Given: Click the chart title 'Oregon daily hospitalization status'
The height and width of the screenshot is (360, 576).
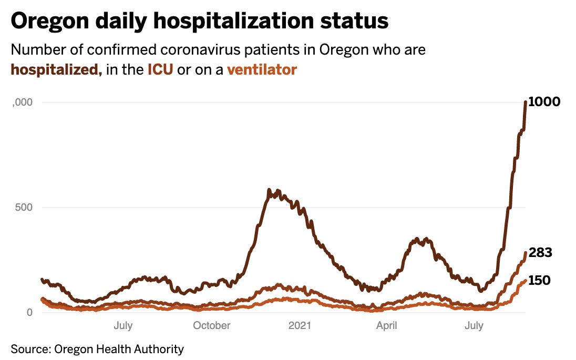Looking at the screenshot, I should coord(200,21).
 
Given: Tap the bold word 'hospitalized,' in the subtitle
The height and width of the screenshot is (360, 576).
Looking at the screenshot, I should coord(56,69).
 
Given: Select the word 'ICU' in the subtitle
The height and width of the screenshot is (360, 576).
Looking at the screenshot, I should coord(160,69).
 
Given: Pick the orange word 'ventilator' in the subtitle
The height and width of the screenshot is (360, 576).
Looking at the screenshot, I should coord(262,69).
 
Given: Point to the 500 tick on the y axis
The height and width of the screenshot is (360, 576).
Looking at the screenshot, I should coord(23,207).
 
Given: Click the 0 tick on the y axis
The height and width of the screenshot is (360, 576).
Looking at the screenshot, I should coord(29,312).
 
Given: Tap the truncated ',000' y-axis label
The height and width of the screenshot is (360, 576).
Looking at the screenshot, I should coord(22,102).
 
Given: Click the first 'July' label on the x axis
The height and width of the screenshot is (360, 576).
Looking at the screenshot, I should coord(123,326).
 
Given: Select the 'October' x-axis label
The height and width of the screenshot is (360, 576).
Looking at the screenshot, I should coord(211,326).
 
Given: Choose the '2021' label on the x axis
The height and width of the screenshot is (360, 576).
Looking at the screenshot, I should coord(299,326).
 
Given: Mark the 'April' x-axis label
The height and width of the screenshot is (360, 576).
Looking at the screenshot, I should coord(387,326).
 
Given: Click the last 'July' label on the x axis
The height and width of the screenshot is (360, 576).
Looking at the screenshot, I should coord(474,326).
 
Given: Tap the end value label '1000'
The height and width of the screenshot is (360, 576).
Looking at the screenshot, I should coord(544,102).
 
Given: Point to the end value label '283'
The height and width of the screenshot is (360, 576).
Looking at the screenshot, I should coord(540,253).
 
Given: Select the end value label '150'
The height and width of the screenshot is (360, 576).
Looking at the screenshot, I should coord(539,281).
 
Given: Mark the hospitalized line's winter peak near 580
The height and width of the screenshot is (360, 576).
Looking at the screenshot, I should coord(269,190).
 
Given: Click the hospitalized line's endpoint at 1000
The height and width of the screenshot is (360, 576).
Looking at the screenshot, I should coord(526,102).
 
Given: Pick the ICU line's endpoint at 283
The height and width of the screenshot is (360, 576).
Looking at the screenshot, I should coord(526,253).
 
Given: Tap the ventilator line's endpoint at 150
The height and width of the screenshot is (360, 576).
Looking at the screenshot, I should coord(526,281).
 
